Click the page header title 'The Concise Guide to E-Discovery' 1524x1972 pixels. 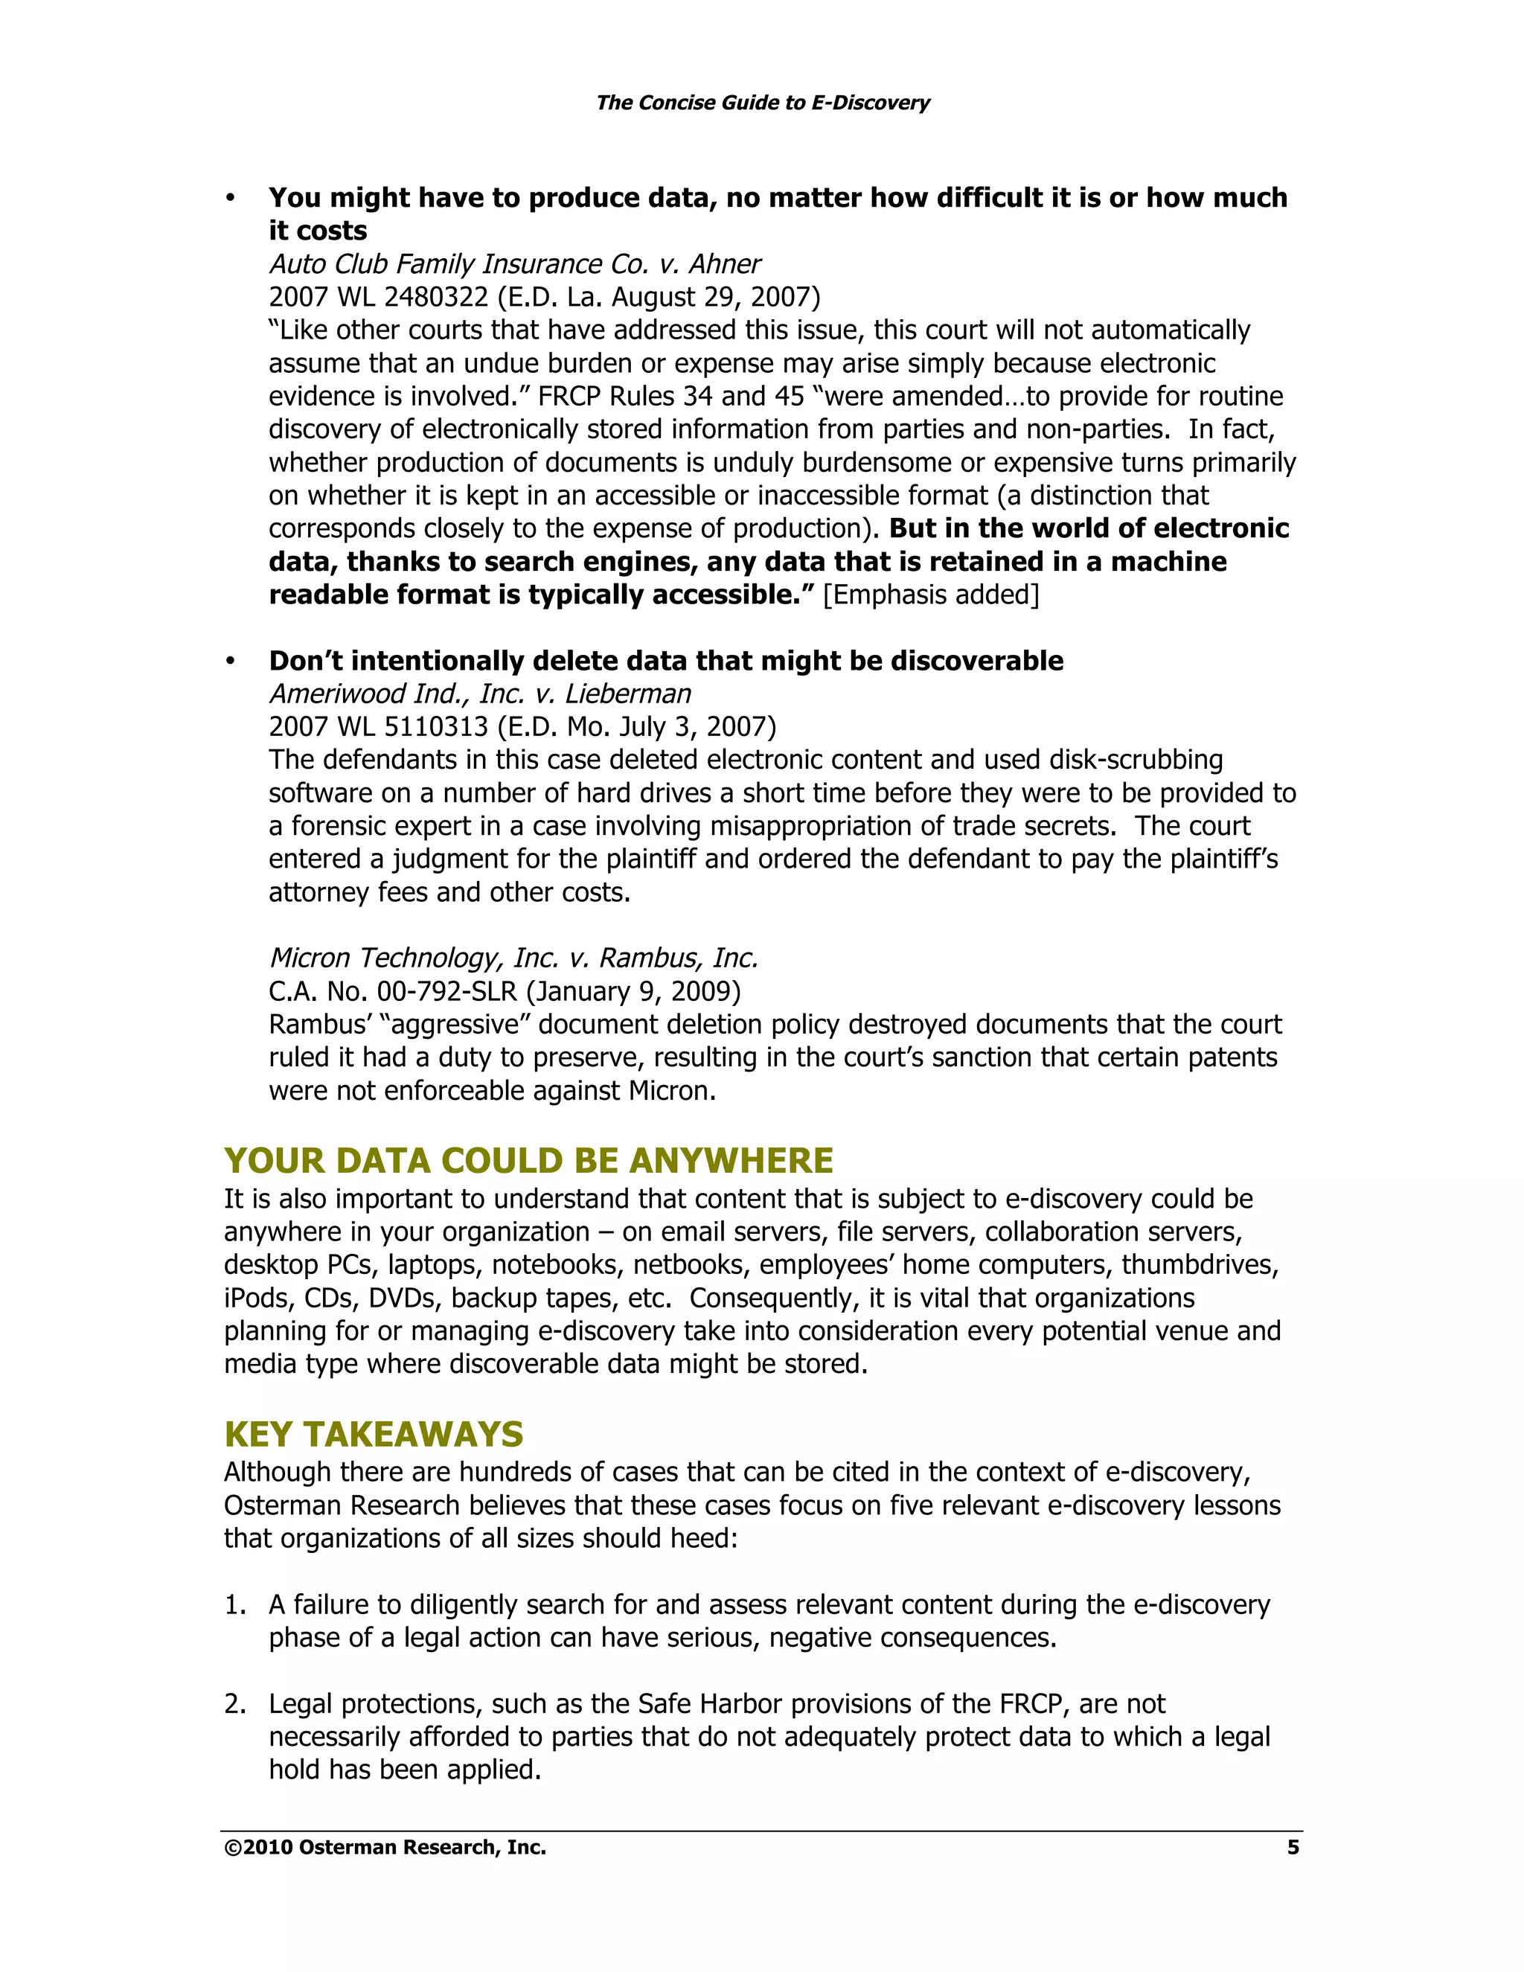click(x=762, y=103)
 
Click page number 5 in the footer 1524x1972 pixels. click(x=1292, y=1848)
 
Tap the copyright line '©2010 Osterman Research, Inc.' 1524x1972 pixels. click(x=385, y=1848)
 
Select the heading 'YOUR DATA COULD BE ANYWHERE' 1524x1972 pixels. click(x=528, y=1160)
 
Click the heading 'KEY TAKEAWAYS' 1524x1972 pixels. click(x=373, y=1434)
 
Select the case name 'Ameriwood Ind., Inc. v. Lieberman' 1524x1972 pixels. click(x=479, y=694)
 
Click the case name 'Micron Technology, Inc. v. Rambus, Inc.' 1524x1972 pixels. click(x=513, y=958)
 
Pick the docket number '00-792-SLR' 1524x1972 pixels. click(x=447, y=991)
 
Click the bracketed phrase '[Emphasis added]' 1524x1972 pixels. click(x=931, y=595)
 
